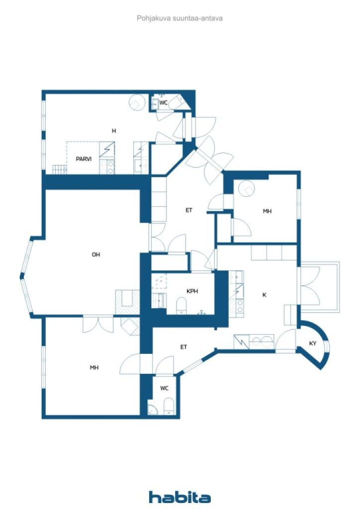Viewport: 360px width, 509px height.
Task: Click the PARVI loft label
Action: click(x=84, y=159)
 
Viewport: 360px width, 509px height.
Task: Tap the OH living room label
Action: click(x=96, y=254)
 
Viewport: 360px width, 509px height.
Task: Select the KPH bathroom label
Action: click(x=192, y=291)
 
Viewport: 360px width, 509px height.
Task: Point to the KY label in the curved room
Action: click(x=313, y=343)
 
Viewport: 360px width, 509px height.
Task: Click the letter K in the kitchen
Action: click(x=264, y=295)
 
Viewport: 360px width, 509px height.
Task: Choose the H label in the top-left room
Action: click(x=113, y=131)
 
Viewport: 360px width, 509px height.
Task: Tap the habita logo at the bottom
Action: click(x=180, y=497)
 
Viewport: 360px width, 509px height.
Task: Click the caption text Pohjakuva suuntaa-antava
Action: click(x=180, y=18)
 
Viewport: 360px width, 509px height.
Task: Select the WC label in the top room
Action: click(x=163, y=102)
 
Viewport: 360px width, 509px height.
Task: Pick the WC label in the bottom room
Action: click(x=164, y=388)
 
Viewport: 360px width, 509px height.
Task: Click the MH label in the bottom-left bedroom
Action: click(x=94, y=367)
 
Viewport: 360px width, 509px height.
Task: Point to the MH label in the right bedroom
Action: click(x=267, y=211)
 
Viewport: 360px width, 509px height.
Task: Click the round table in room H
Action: click(x=137, y=102)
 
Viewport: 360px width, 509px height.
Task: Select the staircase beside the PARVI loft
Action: click(x=60, y=169)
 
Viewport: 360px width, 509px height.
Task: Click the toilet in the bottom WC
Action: click(x=169, y=407)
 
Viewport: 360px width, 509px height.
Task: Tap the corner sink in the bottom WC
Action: click(x=152, y=410)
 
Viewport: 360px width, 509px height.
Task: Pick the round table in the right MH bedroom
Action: click(x=247, y=188)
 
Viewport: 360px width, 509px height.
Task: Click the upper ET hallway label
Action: click(x=189, y=210)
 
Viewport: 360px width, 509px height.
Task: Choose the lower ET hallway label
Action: click(x=184, y=347)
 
